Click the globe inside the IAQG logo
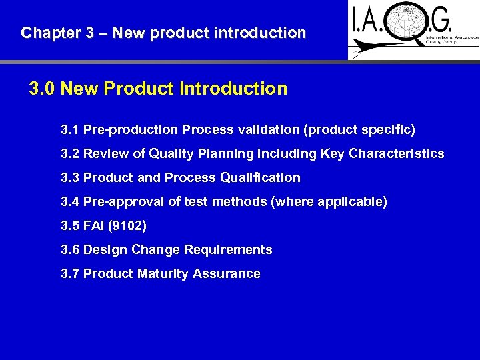[x=413, y=27]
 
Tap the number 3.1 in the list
[x=70, y=129]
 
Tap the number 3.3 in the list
[x=70, y=177]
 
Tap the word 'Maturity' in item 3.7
[x=160, y=273]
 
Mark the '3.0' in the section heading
[x=42, y=89]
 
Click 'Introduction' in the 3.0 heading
[x=233, y=89]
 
